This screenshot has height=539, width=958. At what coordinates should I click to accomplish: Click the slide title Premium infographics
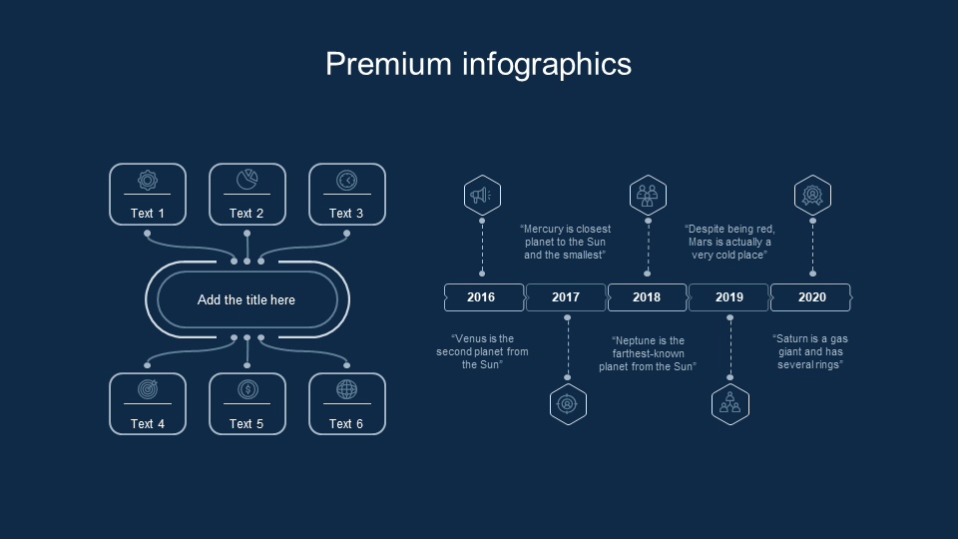coord(478,64)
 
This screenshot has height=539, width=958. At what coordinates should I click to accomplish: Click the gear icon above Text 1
coord(147,181)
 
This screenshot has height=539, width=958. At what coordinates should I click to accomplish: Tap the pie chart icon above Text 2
coord(246,180)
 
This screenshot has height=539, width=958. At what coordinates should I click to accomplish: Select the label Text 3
coord(346,213)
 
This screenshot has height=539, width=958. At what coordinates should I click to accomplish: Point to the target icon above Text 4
coord(147,390)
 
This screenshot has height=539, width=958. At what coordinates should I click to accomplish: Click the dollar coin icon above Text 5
coord(246,390)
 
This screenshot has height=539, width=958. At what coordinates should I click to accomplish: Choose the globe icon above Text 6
coord(346,390)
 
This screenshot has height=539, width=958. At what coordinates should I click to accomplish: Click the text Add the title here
coord(246,299)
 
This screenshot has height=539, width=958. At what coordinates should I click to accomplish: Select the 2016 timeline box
coord(483,297)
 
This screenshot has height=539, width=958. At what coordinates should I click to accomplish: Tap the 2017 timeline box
coord(566,297)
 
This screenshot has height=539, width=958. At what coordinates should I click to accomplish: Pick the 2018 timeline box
coord(647,297)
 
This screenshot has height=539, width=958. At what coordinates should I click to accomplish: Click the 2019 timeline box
coord(729,297)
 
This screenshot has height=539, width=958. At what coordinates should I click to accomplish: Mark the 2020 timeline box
coord(811,297)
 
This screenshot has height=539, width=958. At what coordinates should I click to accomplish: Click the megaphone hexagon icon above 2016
coord(482,195)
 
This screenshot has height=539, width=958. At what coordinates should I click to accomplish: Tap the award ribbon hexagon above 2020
coord(812,195)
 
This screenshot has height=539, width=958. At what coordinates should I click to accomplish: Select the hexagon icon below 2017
coord(568,404)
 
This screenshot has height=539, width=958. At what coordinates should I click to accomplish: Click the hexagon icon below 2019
coord(730,404)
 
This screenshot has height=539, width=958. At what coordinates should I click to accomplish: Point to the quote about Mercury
coord(565,242)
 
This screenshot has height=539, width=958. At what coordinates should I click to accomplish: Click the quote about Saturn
coord(810,351)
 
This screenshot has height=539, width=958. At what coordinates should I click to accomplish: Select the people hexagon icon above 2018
coord(648,195)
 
